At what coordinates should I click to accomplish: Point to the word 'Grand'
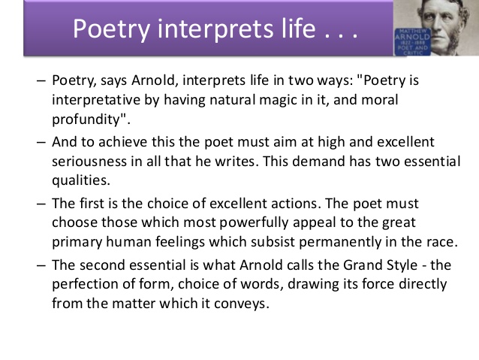pyautogui.click(x=362, y=265)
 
